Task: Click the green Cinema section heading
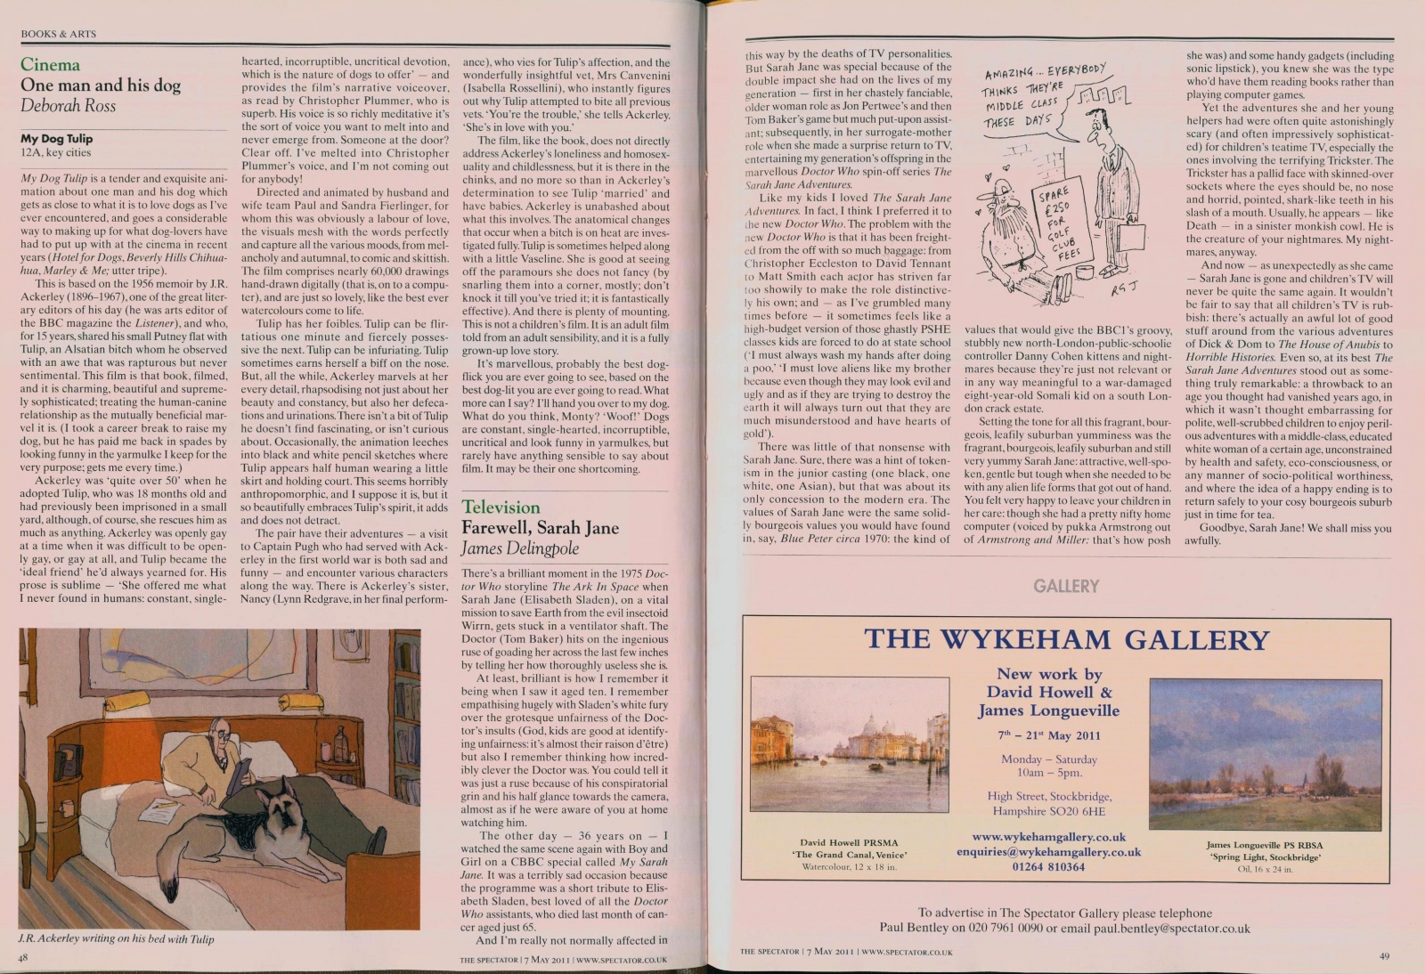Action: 50,65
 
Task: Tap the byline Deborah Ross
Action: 68,106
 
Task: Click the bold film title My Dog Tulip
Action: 56,139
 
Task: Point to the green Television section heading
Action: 501,507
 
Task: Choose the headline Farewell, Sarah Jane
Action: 540,528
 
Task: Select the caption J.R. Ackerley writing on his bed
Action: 116,938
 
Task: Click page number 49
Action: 1384,956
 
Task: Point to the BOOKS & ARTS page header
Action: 58,34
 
